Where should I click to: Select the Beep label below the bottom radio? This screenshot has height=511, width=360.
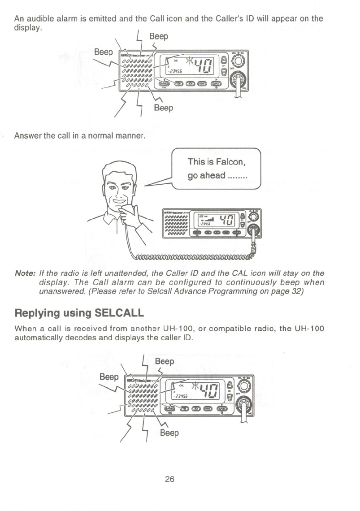click(x=169, y=433)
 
